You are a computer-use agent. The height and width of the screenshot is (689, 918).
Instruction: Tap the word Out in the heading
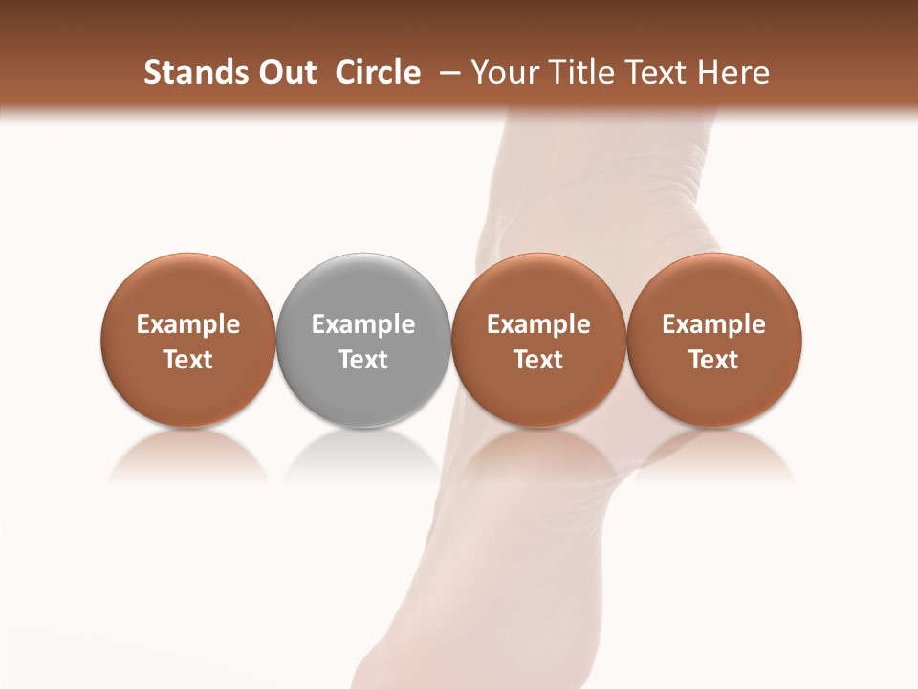pos(286,73)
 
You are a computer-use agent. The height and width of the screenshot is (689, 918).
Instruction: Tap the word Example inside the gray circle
pos(363,324)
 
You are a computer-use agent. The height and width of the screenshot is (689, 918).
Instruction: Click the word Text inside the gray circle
pos(363,360)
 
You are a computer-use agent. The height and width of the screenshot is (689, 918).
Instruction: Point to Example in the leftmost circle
pos(188,324)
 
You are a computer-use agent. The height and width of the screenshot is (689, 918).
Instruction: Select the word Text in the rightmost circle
pos(714,360)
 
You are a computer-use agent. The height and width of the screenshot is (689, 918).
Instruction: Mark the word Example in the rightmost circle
pos(714,324)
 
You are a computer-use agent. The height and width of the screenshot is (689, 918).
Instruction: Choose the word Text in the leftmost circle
pos(188,360)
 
